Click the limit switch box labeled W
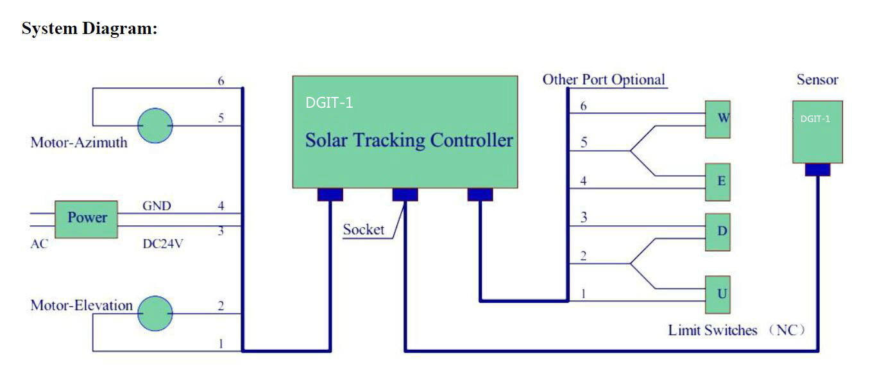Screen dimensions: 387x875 718,119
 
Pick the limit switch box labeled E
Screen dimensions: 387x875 718,182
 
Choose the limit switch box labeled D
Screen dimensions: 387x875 718,231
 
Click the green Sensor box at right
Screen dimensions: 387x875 817,132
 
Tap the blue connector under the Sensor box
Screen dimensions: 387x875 817,169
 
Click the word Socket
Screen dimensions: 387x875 363,230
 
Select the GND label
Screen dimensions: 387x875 157,207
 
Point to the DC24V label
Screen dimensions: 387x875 162,245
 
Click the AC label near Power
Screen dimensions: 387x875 39,245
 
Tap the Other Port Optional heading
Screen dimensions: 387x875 603,80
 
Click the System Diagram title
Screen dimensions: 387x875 89,29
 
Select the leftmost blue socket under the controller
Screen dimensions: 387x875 330,194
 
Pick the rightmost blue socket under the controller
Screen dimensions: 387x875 480,194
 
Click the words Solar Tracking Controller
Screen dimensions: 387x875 409,141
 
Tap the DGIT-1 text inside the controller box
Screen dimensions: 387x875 329,103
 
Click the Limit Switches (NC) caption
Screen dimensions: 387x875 736,331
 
